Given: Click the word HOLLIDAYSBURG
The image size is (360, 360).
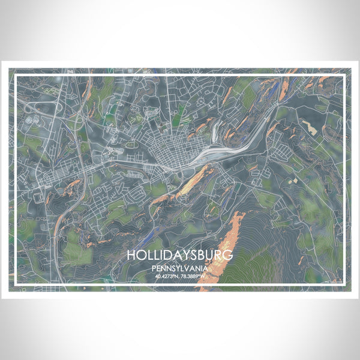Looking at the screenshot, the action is (x=179, y=255).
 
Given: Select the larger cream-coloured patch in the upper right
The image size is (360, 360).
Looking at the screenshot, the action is (x=310, y=127).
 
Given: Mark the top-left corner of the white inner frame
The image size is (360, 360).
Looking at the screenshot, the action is (x=15, y=74).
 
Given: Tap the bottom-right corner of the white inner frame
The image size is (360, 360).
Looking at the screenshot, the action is (x=344, y=284).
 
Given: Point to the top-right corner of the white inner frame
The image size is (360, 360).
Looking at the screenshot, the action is (x=344, y=74).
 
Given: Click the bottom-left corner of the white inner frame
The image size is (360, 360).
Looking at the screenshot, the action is (x=15, y=284).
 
